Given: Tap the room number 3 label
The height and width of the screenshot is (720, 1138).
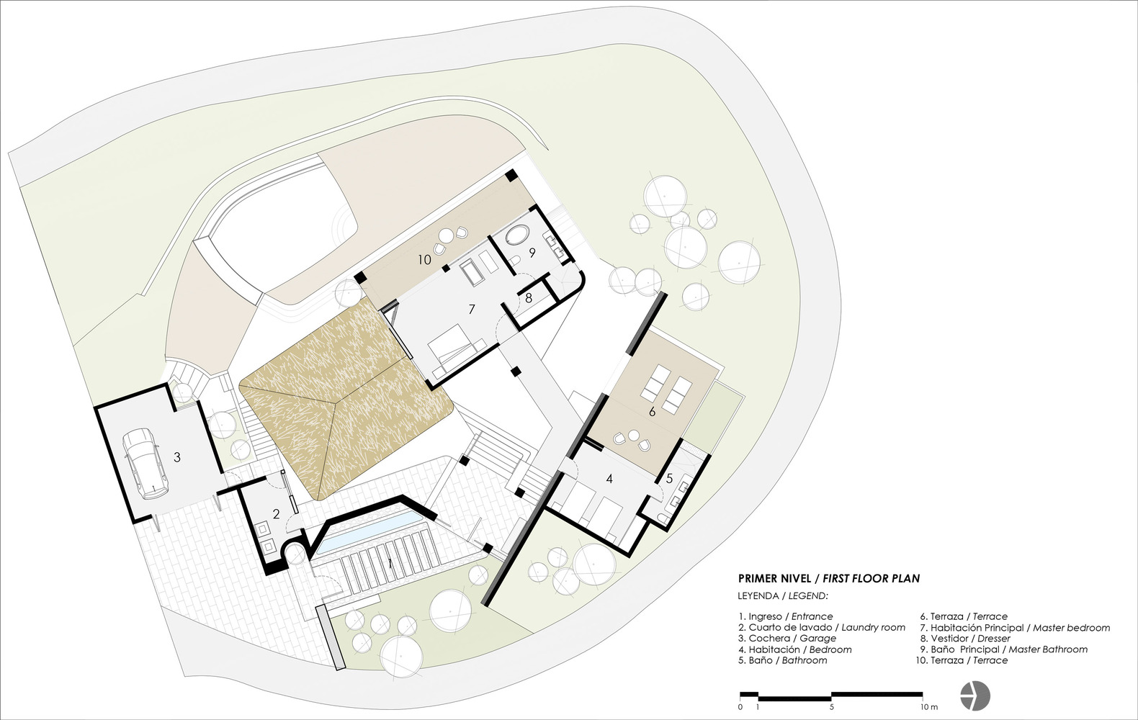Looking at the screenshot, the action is point(176,457).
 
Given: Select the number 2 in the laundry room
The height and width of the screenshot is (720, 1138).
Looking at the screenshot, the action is point(276,514).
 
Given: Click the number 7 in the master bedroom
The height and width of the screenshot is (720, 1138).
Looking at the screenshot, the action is point(472,309).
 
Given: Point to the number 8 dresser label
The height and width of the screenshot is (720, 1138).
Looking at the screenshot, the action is point(529,298).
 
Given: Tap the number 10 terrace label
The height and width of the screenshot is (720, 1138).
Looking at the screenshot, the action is point(424,260).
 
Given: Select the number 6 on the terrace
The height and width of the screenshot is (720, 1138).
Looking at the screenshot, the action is point(652,412).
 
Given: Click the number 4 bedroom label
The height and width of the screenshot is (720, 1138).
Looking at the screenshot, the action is point(609,478).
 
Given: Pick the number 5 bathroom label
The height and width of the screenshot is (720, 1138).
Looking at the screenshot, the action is point(669,478).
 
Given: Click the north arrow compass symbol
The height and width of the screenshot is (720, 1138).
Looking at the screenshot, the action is point(975,695).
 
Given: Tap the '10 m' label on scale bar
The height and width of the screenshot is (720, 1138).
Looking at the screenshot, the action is point(928,707).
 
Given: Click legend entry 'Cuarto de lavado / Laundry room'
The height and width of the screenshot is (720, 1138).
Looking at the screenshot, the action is point(822,628).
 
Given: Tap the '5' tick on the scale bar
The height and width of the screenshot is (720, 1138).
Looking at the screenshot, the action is point(832,707).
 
